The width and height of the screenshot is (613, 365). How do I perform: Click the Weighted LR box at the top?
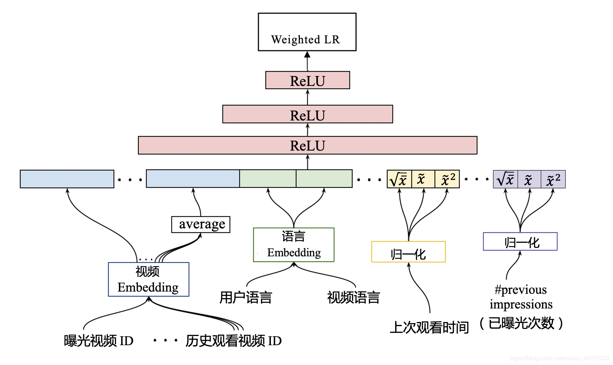[307, 32]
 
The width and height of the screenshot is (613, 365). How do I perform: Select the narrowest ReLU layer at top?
[308, 80]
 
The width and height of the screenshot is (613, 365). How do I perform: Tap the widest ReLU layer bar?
[308, 145]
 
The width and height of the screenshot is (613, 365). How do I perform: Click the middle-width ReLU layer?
[308, 115]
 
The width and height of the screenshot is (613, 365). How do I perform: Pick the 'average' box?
[201, 224]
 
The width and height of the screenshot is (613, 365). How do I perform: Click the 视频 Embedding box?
[148, 279]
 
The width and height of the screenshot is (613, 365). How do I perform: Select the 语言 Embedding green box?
[294, 245]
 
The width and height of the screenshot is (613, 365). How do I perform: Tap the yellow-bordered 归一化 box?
[408, 252]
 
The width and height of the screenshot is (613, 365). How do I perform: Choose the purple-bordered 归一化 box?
[520, 242]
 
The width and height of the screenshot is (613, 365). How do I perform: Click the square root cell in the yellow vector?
[399, 179]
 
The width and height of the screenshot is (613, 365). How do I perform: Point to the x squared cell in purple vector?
[553, 179]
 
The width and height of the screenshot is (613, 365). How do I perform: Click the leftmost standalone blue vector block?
[67, 179]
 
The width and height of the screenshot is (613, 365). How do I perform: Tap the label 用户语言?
[246, 297]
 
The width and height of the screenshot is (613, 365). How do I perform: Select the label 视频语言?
[353, 297]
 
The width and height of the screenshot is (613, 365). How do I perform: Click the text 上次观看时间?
[429, 327]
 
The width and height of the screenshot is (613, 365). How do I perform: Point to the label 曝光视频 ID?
[98, 341]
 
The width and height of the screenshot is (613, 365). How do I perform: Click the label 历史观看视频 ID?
[233, 341]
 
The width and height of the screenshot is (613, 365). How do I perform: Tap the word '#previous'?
[520, 290]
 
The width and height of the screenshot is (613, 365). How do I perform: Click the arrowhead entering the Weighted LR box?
[307, 55]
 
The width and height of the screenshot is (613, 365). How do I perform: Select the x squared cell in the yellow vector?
[447, 179]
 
